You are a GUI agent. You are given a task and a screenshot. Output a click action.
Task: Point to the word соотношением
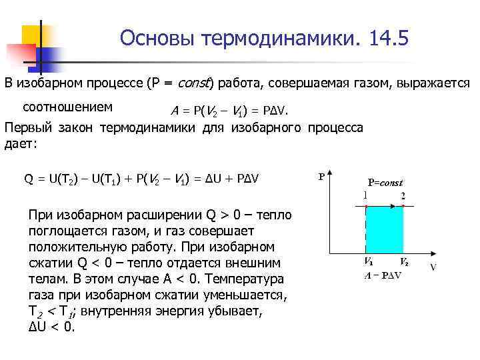67,107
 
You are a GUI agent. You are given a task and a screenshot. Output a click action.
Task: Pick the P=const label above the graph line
385,182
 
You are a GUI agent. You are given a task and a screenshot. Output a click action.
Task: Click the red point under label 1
366,207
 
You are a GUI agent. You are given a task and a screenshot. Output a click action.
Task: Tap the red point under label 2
403,207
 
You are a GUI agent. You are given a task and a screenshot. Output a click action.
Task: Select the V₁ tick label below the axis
367,261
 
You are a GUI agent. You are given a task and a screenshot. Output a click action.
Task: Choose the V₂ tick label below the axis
404,261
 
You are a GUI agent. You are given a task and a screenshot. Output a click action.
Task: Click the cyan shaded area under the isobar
385,231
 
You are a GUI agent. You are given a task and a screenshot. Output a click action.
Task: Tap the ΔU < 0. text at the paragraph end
52,327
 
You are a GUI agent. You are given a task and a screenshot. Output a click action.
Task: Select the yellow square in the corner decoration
37,33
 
